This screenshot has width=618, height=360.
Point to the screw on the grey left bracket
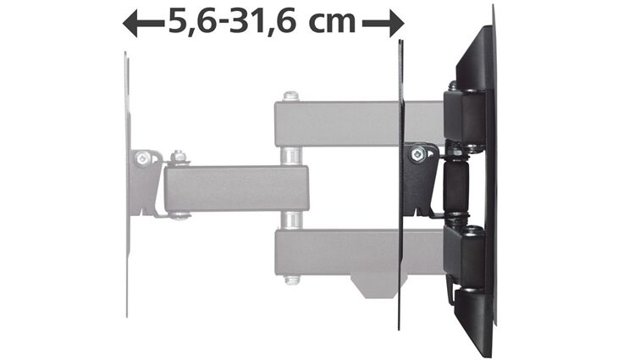tap(142, 158)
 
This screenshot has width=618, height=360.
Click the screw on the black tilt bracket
tap(417, 153)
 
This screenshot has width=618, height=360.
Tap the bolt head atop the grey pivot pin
tap(290, 96)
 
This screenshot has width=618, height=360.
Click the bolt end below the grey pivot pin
tap(291, 279)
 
